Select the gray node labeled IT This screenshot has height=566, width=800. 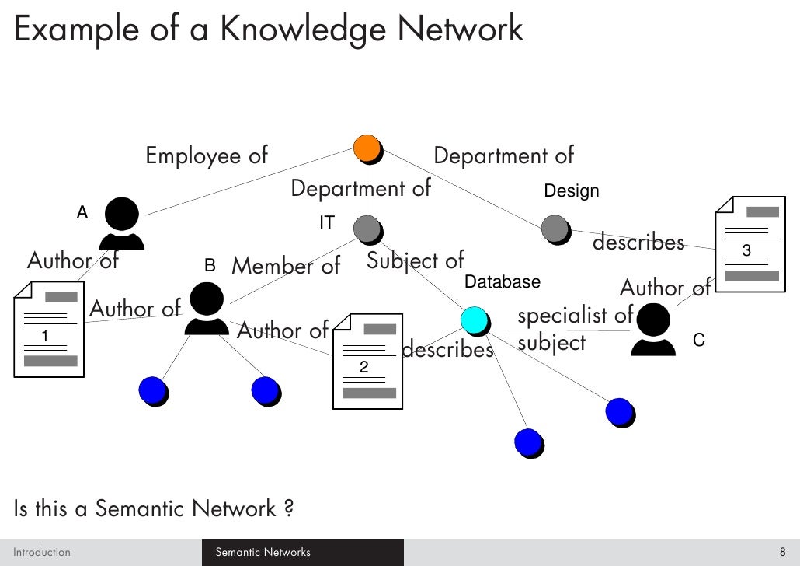[x=367, y=229]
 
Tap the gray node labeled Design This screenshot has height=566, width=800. [x=555, y=229]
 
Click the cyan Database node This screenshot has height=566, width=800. [x=473, y=320]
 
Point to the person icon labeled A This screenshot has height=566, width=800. [x=122, y=223]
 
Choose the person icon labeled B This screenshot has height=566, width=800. [x=206, y=309]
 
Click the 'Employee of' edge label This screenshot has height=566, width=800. [x=207, y=155]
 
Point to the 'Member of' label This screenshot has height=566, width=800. [x=286, y=267]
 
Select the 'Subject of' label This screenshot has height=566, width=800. [x=415, y=260]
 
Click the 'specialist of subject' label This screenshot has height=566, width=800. [x=575, y=328]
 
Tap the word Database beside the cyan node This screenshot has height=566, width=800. [x=502, y=281]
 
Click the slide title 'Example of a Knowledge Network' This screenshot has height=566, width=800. [x=269, y=30]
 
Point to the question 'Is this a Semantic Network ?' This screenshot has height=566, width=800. [x=154, y=508]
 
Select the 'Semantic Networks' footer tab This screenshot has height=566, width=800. [x=263, y=553]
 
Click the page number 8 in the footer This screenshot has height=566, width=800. [x=782, y=553]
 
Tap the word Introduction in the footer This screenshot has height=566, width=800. [x=42, y=553]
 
